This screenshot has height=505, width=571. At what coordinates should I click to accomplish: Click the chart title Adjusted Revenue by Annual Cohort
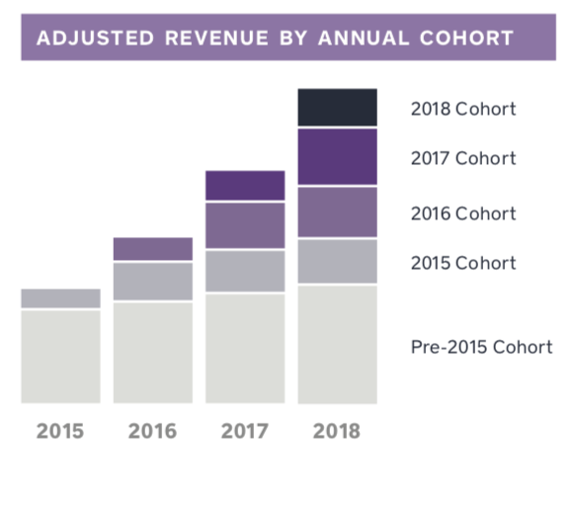click(x=275, y=39)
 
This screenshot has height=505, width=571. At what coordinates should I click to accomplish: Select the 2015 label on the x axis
click(x=60, y=432)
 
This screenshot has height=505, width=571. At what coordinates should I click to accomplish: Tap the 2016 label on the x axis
click(x=152, y=432)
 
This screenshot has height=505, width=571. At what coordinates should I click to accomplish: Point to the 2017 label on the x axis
click(x=245, y=432)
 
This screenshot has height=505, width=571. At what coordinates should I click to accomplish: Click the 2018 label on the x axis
click(x=337, y=432)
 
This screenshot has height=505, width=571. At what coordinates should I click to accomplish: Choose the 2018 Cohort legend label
click(x=462, y=109)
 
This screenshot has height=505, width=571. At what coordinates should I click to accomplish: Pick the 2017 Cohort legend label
click(x=462, y=158)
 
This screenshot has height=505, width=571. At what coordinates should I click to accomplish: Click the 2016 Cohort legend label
click(x=462, y=213)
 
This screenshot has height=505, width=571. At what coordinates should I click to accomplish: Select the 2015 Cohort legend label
click(x=462, y=263)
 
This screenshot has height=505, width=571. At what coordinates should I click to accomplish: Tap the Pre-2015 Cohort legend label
click(x=481, y=347)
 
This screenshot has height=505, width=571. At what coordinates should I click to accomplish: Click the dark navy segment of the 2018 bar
click(x=337, y=108)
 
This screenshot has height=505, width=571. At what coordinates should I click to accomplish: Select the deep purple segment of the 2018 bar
click(x=337, y=157)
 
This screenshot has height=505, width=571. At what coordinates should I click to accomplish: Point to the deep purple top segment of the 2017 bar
click(x=245, y=185)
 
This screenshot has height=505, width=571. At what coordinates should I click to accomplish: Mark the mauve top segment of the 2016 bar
click(x=152, y=249)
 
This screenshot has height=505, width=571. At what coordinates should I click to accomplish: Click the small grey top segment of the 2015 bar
click(x=60, y=298)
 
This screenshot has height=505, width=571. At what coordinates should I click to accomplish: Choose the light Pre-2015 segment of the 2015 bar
click(x=60, y=357)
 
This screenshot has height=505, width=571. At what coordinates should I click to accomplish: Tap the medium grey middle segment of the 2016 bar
click(x=152, y=282)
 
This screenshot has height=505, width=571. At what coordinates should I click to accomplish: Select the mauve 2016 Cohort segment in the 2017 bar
click(x=245, y=225)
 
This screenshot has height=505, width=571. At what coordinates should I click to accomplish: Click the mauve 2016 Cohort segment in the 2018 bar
click(x=337, y=212)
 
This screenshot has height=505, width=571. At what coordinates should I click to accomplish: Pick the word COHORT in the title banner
click(x=465, y=39)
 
